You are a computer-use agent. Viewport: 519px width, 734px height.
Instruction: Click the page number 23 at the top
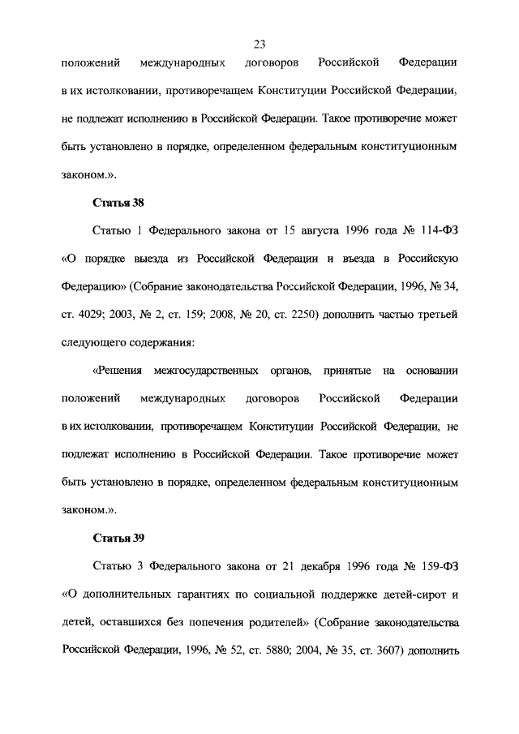click(x=259, y=44)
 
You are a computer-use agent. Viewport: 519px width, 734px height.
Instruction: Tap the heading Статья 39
click(x=119, y=538)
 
